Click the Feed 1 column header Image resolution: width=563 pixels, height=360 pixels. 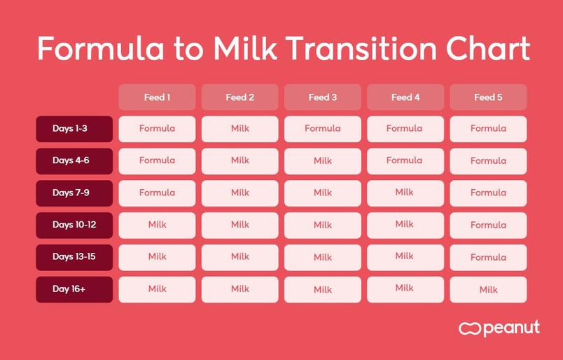157,97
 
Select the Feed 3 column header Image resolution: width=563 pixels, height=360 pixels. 322,97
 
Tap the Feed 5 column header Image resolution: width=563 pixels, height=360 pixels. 488,97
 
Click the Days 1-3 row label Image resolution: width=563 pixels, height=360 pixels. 74,129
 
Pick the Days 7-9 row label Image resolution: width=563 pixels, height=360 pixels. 74,193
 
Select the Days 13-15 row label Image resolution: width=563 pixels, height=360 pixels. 74,257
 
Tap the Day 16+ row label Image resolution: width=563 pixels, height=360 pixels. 74,289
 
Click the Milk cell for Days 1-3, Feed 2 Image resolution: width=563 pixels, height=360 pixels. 240,129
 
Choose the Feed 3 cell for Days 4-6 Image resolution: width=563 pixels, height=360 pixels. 322,161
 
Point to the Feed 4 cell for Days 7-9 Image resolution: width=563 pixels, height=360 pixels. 405,193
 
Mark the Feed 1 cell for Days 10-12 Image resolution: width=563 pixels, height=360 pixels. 157,226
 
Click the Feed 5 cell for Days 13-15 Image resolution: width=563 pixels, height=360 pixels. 488,257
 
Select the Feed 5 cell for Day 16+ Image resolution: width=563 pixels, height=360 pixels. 488,289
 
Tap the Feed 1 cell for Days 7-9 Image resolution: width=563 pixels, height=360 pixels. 157,193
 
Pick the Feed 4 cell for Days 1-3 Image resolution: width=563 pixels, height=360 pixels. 405,129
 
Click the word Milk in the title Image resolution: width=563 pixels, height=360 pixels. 245,48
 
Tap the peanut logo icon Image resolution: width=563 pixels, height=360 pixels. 469,328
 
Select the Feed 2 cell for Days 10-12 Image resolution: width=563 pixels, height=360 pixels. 240,226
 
